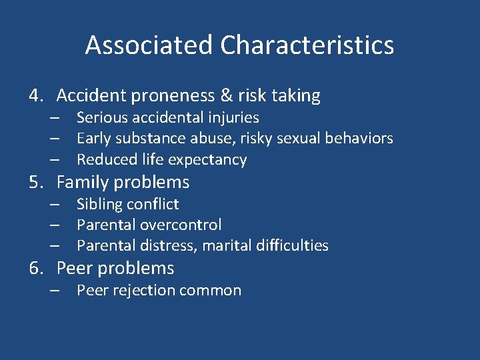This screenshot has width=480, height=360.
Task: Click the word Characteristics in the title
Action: pos(307,45)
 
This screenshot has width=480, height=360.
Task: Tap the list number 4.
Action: pos(35,96)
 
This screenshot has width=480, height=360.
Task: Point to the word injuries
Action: pos(232,118)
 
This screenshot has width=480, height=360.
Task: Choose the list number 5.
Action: pos(35,182)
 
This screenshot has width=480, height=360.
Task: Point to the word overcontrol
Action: pos(181,225)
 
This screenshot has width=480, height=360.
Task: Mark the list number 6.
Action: pos(35,269)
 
